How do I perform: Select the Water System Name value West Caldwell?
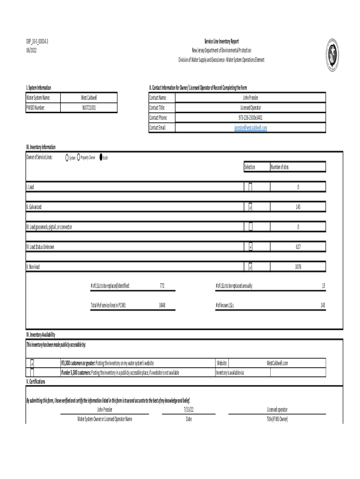pyautogui.click(x=89, y=98)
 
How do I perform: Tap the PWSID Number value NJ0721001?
pyautogui.click(x=89, y=108)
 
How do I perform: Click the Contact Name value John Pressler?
pyautogui.click(x=250, y=98)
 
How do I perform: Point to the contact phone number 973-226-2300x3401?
pyautogui.click(x=250, y=117)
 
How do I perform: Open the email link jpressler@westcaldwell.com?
pyautogui.click(x=250, y=128)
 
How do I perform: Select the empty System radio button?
pyautogui.click(x=67, y=158)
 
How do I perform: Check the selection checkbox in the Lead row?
pyautogui.click(x=250, y=187)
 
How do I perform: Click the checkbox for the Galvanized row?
pyautogui.click(x=250, y=207)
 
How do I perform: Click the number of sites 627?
pyautogui.click(x=298, y=247)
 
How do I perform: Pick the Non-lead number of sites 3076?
pyautogui.click(x=298, y=267)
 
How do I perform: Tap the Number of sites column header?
pyautogui.click(x=279, y=167)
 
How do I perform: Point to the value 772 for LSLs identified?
pyautogui.click(x=162, y=285)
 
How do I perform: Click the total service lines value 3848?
pyautogui.click(x=162, y=305)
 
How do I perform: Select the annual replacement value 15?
pyautogui.click(x=323, y=285)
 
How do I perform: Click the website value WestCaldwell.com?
pyautogui.click(x=277, y=363)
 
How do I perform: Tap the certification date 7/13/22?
pyautogui.click(x=189, y=409)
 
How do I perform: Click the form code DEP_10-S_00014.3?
pyautogui.click(x=37, y=42)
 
